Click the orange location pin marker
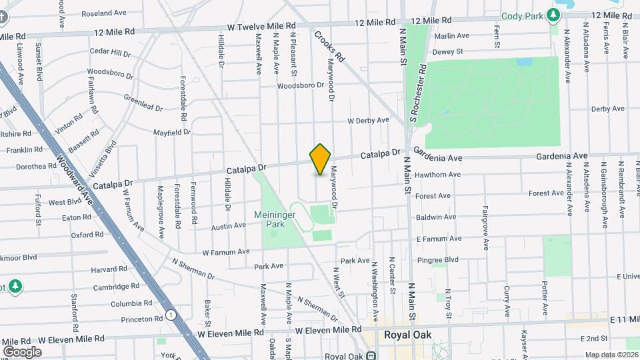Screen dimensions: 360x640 (x=320, y=159)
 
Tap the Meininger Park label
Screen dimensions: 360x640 (x=279, y=219)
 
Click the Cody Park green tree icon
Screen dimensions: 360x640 (x=553, y=15)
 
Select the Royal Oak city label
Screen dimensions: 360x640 (x=407, y=335)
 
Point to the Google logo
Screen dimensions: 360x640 (x=22, y=351)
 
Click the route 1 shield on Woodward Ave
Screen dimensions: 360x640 (x=171, y=315)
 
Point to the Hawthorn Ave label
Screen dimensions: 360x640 (x=437, y=175)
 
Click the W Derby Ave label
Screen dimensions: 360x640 (x=368, y=121)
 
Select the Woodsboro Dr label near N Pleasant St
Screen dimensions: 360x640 (x=300, y=85)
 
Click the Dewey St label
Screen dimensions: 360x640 (x=447, y=51)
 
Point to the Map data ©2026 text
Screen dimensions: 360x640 (x=611, y=355)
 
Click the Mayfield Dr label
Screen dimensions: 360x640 (x=171, y=133)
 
